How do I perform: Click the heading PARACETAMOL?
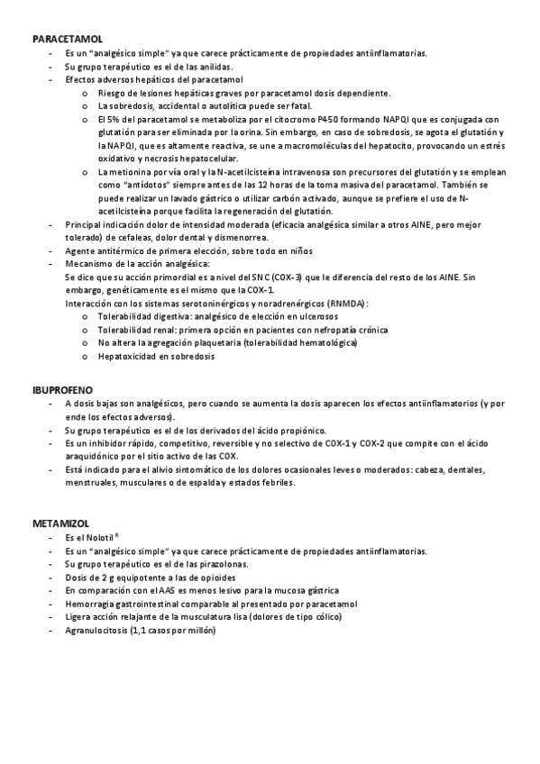click(67, 41)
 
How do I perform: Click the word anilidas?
click(215, 67)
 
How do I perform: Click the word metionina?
click(132, 170)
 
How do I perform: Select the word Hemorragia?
click(92, 604)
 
